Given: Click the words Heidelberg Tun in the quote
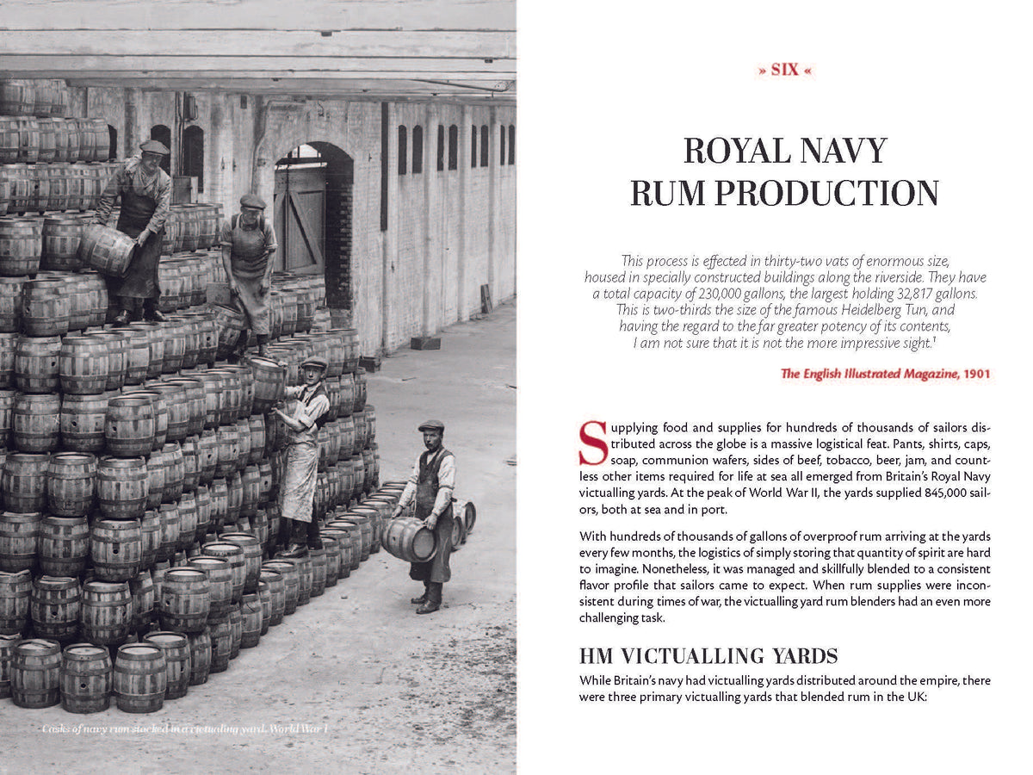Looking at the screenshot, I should point(909,309).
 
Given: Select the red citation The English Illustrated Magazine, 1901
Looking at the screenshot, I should point(885,374).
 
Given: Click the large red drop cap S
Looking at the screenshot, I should point(593,443).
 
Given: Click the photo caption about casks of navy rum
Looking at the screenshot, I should point(185,729).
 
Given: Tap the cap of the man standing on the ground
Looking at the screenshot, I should point(430,425).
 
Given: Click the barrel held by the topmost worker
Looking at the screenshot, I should point(108,249).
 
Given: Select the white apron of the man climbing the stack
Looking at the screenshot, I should point(300,482).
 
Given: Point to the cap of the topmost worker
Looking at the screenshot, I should point(154,147).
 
